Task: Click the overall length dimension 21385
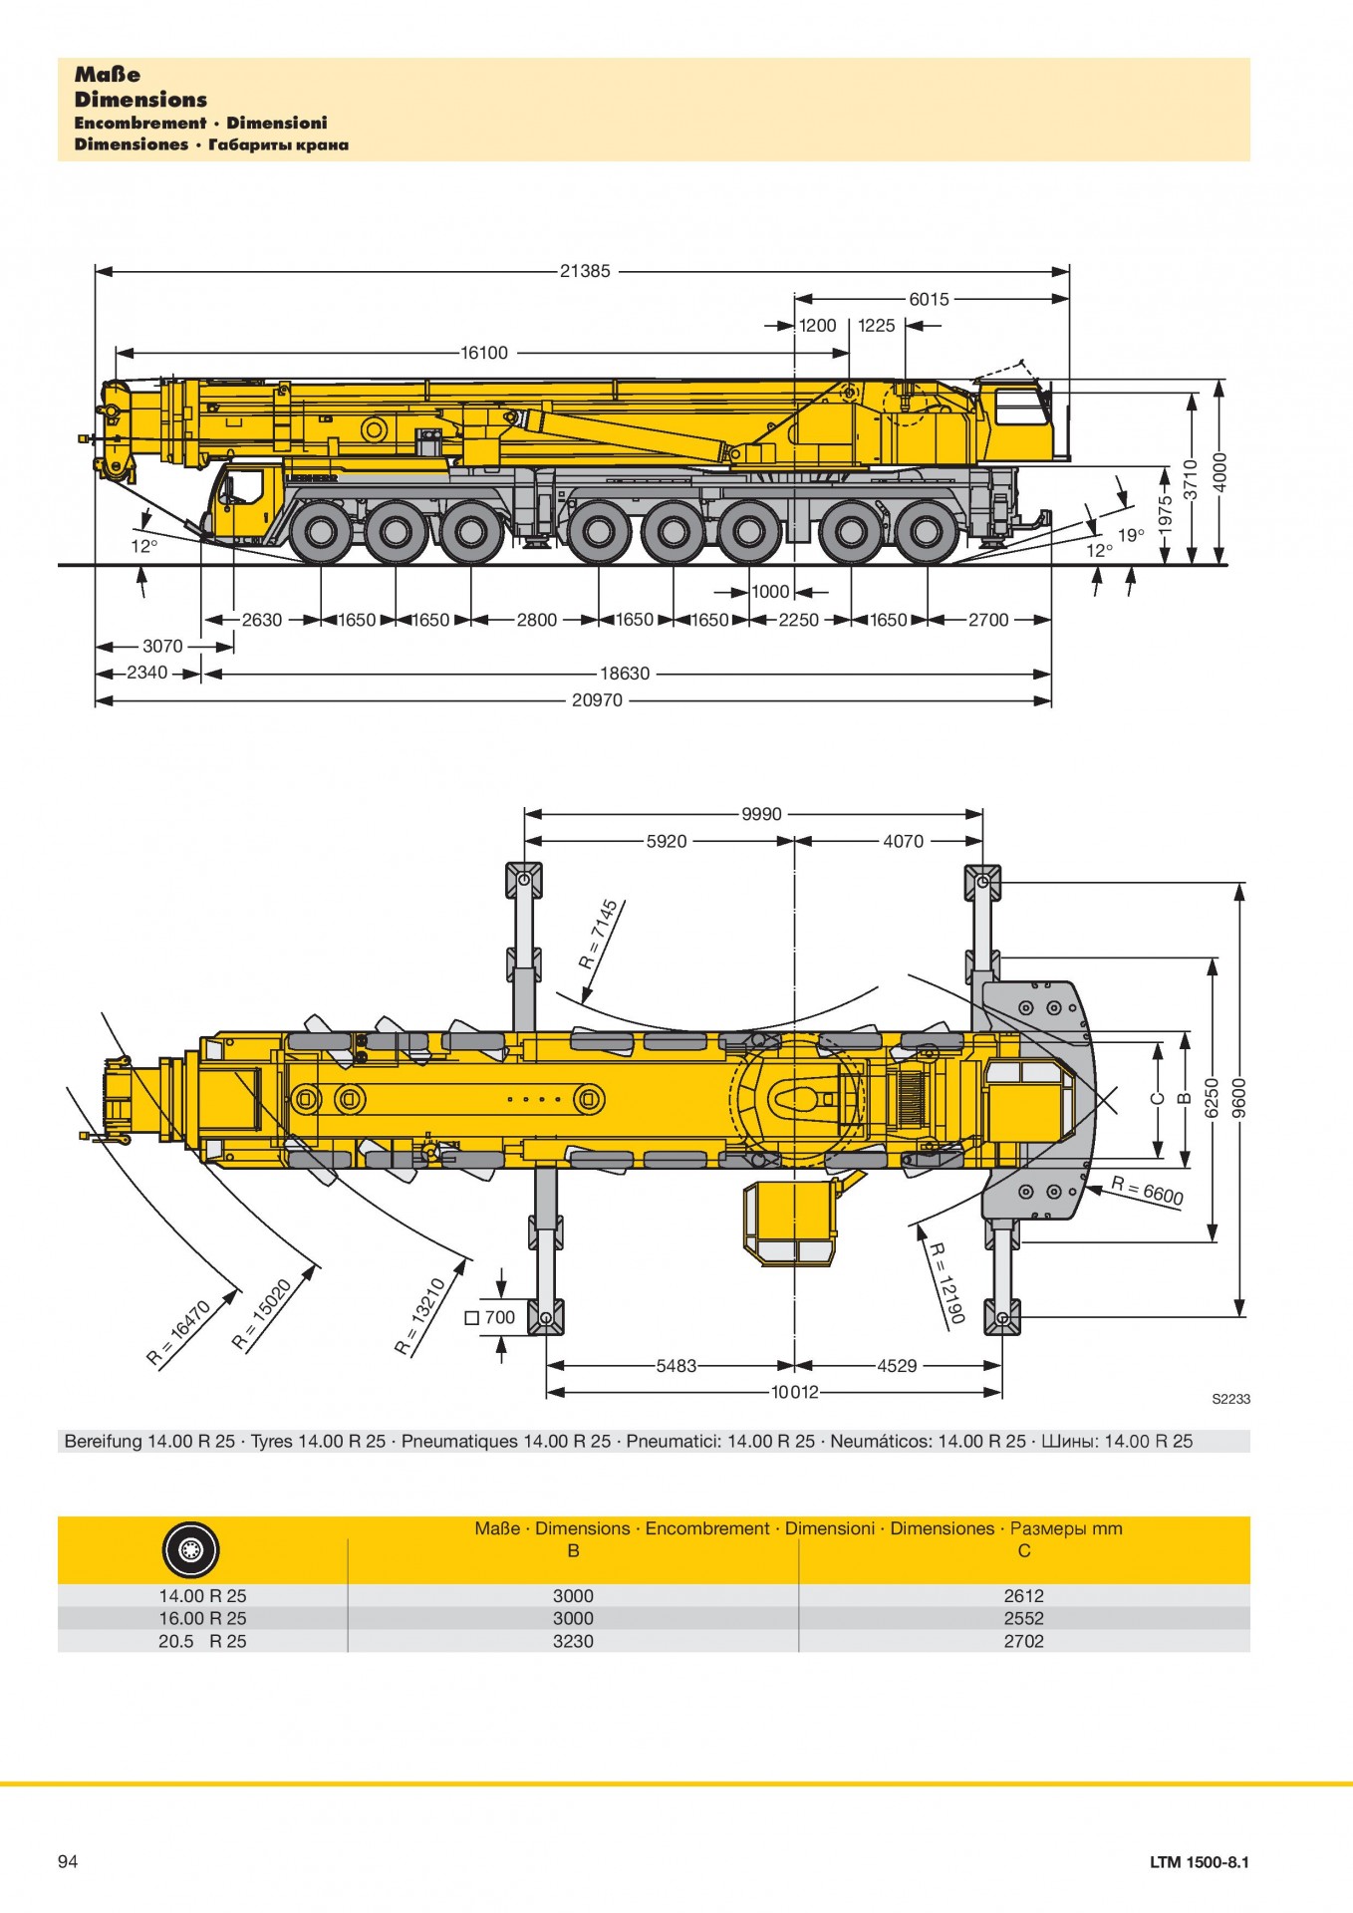(x=585, y=271)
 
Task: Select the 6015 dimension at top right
(x=929, y=299)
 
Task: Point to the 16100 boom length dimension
(x=484, y=353)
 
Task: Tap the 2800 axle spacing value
(x=536, y=620)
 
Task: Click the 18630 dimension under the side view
(x=625, y=674)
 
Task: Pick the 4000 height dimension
(x=1220, y=472)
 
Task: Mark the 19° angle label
(x=1131, y=536)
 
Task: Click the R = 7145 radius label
(x=599, y=935)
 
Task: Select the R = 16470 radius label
(x=179, y=1332)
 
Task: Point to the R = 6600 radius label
(x=1148, y=1190)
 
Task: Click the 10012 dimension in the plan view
(x=794, y=1392)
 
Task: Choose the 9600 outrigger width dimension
(x=1239, y=1099)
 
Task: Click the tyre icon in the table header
(x=190, y=1550)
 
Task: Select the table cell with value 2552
(x=1023, y=1618)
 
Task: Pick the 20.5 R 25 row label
(x=202, y=1641)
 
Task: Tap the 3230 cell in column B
(x=573, y=1641)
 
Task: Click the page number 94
(x=68, y=1861)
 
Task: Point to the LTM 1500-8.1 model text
(x=1199, y=1862)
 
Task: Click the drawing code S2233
(x=1230, y=1399)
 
